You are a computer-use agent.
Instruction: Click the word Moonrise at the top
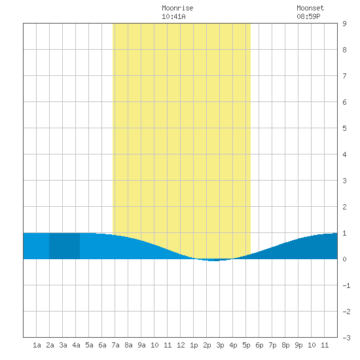tap(177, 8)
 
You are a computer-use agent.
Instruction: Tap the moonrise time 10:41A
tap(173, 16)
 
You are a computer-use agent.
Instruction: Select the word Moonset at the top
tap(310, 8)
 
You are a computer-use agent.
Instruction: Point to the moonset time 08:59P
tap(308, 16)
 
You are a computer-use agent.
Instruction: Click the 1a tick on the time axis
tap(37, 345)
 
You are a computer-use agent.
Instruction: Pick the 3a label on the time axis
tap(63, 345)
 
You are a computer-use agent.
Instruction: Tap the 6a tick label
tap(102, 345)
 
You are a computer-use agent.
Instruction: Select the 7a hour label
tap(115, 345)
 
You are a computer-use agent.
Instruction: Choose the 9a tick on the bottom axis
tap(141, 345)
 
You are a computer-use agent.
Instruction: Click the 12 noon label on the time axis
tap(181, 345)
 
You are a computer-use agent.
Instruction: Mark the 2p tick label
tap(207, 345)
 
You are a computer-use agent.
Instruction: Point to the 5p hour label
tap(246, 345)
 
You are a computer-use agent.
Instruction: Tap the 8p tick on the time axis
tap(285, 345)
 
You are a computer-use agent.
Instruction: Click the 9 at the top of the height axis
tap(344, 24)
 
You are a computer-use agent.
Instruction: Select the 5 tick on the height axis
tap(344, 128)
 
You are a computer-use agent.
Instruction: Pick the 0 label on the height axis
tap(344, 259)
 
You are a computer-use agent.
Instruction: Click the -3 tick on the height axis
tap(346, 338)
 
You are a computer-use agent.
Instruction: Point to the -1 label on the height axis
tap(346, 285)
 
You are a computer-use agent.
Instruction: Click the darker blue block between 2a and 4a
tap(65, 246)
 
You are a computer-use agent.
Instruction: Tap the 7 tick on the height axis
tap(344, 76)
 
